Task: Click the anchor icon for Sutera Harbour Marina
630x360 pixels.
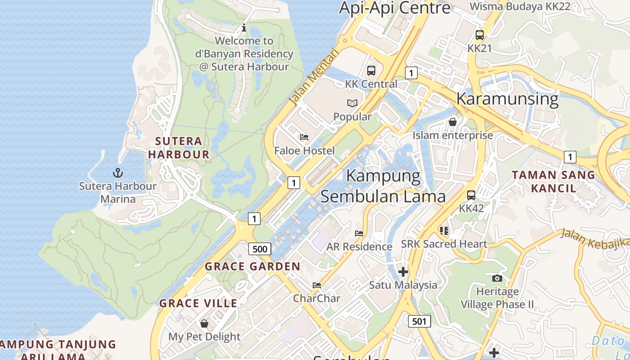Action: (x=117, y=173)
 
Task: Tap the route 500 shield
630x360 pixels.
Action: (x=260, y=249)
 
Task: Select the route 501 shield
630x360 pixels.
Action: (x=419, y=321)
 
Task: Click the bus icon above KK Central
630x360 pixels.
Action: (x=371, y=71)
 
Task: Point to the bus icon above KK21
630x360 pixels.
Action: (x=480, y=35)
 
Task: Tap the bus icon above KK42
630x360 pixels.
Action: (x=471, y=195)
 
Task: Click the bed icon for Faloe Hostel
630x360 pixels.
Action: (x=305, y=137)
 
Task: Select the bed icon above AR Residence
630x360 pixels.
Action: (x=359, y=233)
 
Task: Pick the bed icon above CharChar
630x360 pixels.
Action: (x=317, y=285)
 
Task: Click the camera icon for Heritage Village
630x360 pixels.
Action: (x=497, y=278)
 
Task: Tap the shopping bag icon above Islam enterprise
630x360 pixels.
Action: (x=453, y=122)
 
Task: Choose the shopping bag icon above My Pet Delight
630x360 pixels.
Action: (x=204, y=324)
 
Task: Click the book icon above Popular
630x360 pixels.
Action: (x=352, y=103)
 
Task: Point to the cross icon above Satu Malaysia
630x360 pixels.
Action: (x=403, y=272)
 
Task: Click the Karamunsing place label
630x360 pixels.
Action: (x=507, y=99)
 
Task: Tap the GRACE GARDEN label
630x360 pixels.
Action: (x=252, y=266)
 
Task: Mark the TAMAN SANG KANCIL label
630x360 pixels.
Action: (x=553, y=181)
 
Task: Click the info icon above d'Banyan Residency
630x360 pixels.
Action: (x=244, y=27)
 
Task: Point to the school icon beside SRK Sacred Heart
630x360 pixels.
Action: (x=444, y=231)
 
